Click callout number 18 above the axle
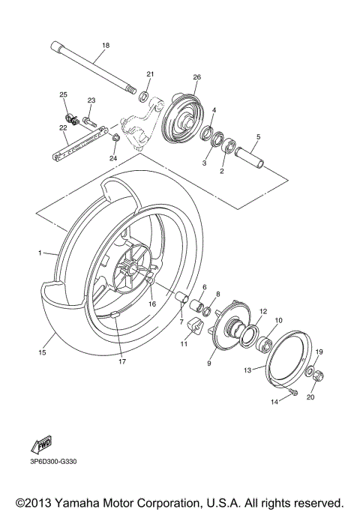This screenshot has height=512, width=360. (x=105, y=46)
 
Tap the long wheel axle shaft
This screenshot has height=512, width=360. (x=94, y=69)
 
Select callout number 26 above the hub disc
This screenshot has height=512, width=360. (x=197, y=77)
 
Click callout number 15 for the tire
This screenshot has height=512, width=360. (x=42, y=351)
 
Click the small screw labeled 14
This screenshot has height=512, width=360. (x=292, y=393)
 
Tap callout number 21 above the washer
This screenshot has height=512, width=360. (x=150, y=74)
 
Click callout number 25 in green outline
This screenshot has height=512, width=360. (x=64, y=94)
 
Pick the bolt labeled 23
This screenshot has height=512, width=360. (x=88, y=117)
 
